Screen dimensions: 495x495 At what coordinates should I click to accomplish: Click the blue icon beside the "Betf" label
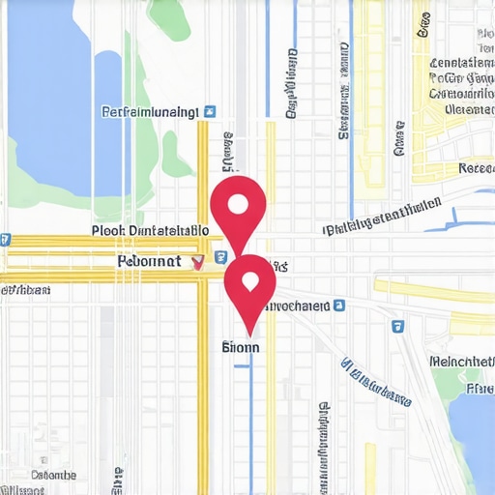(212, 112)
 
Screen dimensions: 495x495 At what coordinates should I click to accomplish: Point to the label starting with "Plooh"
(150, 231)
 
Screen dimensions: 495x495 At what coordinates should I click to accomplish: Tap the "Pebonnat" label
(148, 261)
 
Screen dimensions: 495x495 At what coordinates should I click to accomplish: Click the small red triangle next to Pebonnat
(199, 261)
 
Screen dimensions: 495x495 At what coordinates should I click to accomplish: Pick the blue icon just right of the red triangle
(221, 258)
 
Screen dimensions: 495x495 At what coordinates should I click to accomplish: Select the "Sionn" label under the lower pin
(241, 344)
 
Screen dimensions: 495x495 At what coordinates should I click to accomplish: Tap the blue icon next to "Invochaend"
(339, 306)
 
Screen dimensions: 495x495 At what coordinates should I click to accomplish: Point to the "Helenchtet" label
(461, 361)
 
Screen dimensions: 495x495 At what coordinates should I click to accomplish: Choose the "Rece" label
(476, 168)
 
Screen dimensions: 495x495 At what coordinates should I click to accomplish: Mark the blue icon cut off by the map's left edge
(5, 239)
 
